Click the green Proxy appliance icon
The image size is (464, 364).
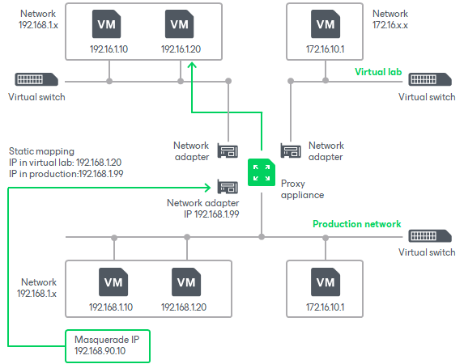261,172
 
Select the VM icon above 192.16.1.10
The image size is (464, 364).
105,24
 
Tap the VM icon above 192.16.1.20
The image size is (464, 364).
180,24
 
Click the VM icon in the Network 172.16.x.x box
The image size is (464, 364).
325,24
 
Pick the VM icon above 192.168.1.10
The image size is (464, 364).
113,282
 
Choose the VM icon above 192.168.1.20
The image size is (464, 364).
186,282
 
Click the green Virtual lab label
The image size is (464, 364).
378,71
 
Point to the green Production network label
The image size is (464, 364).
357,224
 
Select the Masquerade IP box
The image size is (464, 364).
107,345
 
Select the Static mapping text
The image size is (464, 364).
41,151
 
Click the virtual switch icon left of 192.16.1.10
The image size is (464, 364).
36,80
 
